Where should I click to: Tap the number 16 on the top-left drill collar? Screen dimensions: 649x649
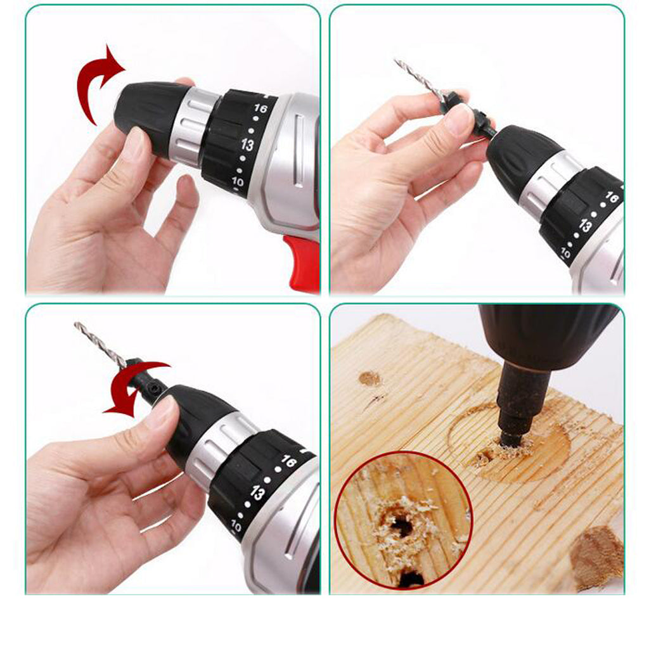260,108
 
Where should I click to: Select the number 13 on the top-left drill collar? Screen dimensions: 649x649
247,145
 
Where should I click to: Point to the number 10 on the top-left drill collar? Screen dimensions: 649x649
238,181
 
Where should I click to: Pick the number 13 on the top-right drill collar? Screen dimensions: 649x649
585,226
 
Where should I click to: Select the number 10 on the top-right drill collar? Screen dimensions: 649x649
565,252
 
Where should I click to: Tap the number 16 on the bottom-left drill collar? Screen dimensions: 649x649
288,461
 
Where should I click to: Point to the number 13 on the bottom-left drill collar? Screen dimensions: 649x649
257,492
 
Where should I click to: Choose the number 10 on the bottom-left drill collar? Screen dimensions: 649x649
236,526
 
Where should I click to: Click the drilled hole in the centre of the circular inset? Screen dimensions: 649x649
401,525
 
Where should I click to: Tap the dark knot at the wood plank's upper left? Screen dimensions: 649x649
369,378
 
